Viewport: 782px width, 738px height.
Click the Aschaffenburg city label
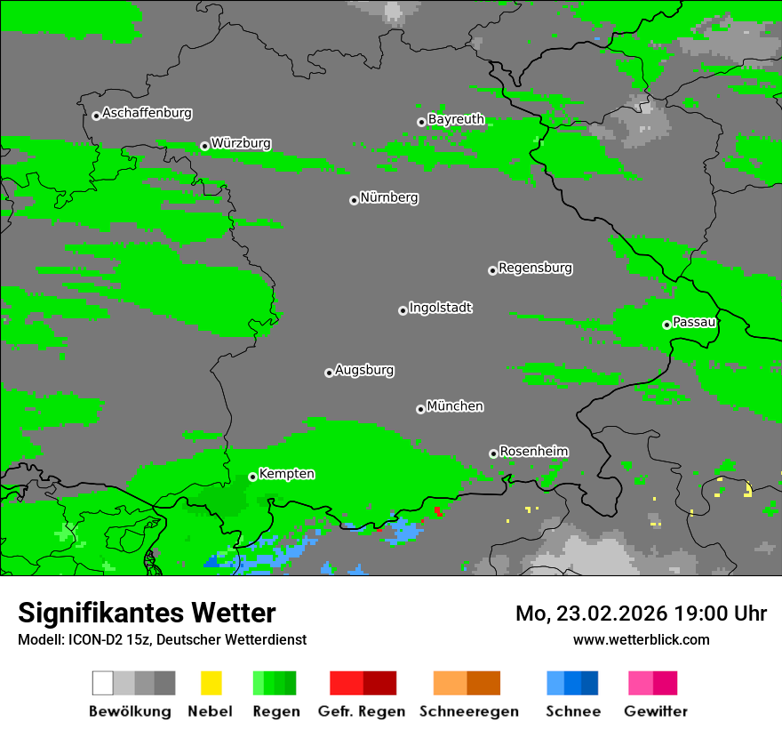click(x=147, y=114)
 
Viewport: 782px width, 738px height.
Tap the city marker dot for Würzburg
click(x=204, y=146)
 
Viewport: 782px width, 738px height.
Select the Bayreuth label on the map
click(x=456, y=119)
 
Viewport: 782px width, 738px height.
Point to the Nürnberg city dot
click(x=354, y=200)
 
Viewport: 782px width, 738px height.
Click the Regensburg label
click(x=535, y=268)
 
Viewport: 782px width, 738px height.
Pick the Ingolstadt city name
click(x=440, y=308)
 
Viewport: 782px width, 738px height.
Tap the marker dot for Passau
click(x=666, y=325)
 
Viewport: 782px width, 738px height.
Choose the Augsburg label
click(x=364, y=370)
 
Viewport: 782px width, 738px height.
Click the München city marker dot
click(x=420, y=409)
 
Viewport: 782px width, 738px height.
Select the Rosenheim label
click(x=533, y=452)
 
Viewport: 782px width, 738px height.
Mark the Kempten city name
click(x=286, y=474)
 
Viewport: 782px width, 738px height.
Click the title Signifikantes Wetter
click(x=147, y=613)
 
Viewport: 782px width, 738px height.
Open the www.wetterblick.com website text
click(x=641, y=639)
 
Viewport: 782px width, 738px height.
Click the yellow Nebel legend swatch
click(x=211, y=683)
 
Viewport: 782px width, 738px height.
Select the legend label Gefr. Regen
click(x=362, y=711)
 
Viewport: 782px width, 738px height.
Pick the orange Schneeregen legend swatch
click(x=450, y=683)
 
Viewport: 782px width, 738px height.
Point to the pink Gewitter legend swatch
click(x=641, y=683)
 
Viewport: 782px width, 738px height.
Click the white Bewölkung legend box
click(x=103, y=683)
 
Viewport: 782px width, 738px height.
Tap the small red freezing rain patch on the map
click(x=438, y=511)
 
